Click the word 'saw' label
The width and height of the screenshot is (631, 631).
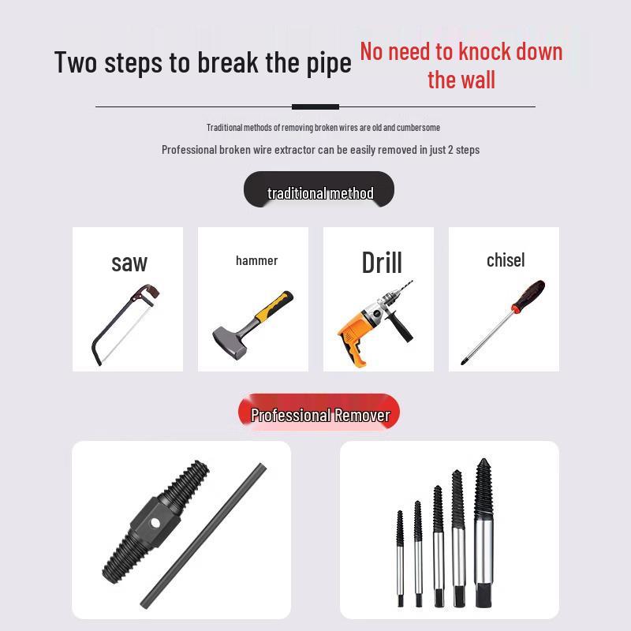129,263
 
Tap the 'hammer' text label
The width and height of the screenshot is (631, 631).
256,260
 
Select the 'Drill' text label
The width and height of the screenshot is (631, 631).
382,263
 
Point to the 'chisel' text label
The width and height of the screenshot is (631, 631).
505,260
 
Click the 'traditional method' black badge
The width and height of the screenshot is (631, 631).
319,193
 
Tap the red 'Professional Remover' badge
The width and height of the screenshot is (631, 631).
319,415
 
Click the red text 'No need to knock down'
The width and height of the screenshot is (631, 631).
461,52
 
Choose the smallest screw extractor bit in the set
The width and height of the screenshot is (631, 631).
400,552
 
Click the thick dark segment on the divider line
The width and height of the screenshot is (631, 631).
315,106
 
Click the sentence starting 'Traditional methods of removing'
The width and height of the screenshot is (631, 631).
323,128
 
